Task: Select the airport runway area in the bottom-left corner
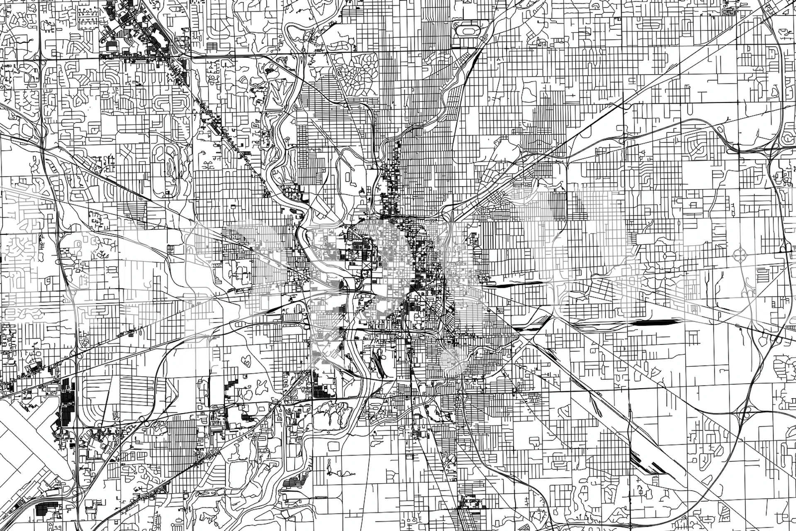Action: pos(25,448)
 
